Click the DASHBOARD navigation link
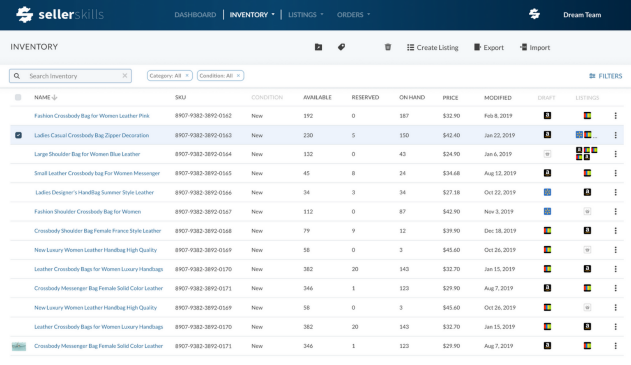195,15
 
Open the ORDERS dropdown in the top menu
353,15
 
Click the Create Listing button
433,48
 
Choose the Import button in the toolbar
535,48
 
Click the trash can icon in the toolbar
388,47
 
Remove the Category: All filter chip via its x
187,76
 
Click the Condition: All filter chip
216,76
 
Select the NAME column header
42,97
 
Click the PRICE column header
450,98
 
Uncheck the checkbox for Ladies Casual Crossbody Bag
18,135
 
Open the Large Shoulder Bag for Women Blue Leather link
87,154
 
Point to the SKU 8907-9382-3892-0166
203,193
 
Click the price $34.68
451,173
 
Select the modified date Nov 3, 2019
498,211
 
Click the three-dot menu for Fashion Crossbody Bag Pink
615,116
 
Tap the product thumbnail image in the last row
19,346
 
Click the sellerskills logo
60,15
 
